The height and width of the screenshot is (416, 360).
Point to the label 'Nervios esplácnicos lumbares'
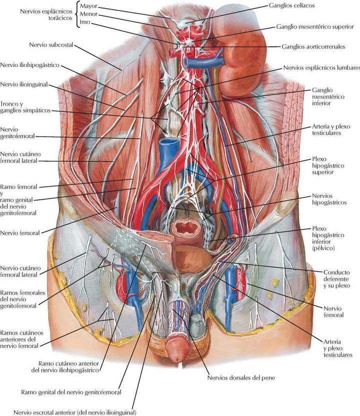(x=321, y=67)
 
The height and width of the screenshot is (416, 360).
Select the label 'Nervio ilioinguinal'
(x=24, y=85)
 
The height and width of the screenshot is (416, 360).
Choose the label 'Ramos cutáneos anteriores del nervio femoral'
(x=22, y=338)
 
